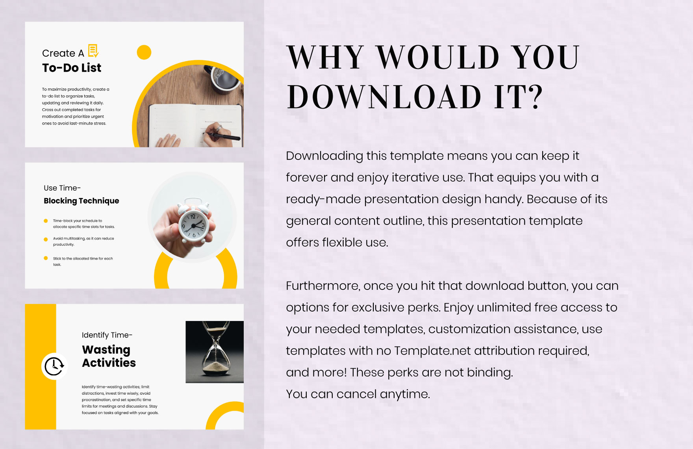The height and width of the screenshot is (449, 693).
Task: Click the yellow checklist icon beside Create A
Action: point(93,51)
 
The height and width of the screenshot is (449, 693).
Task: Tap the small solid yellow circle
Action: point(144,52)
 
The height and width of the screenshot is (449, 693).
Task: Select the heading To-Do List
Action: point(72,68)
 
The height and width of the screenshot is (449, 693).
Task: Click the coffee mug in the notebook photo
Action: point(225,78)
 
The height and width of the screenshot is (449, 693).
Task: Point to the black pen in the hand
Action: point(224,137)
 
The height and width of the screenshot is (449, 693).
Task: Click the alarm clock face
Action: point(193,226)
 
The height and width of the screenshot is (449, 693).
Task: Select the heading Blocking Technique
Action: point(81,201)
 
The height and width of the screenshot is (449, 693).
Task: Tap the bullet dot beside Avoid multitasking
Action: point(46,239)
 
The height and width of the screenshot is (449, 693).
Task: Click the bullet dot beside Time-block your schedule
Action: point(46,221)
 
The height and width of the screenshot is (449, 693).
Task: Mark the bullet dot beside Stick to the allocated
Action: point(46,258)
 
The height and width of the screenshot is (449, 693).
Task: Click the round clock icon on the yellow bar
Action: point(54,366)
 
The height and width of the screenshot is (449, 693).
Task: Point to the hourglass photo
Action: point(215,351)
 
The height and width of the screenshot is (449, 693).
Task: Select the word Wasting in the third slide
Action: point(106,350)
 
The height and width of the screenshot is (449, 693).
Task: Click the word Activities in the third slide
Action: point(109,363)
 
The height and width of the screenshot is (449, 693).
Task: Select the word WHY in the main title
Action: point(325,58)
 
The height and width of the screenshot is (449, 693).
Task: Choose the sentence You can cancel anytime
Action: point(358,394)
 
